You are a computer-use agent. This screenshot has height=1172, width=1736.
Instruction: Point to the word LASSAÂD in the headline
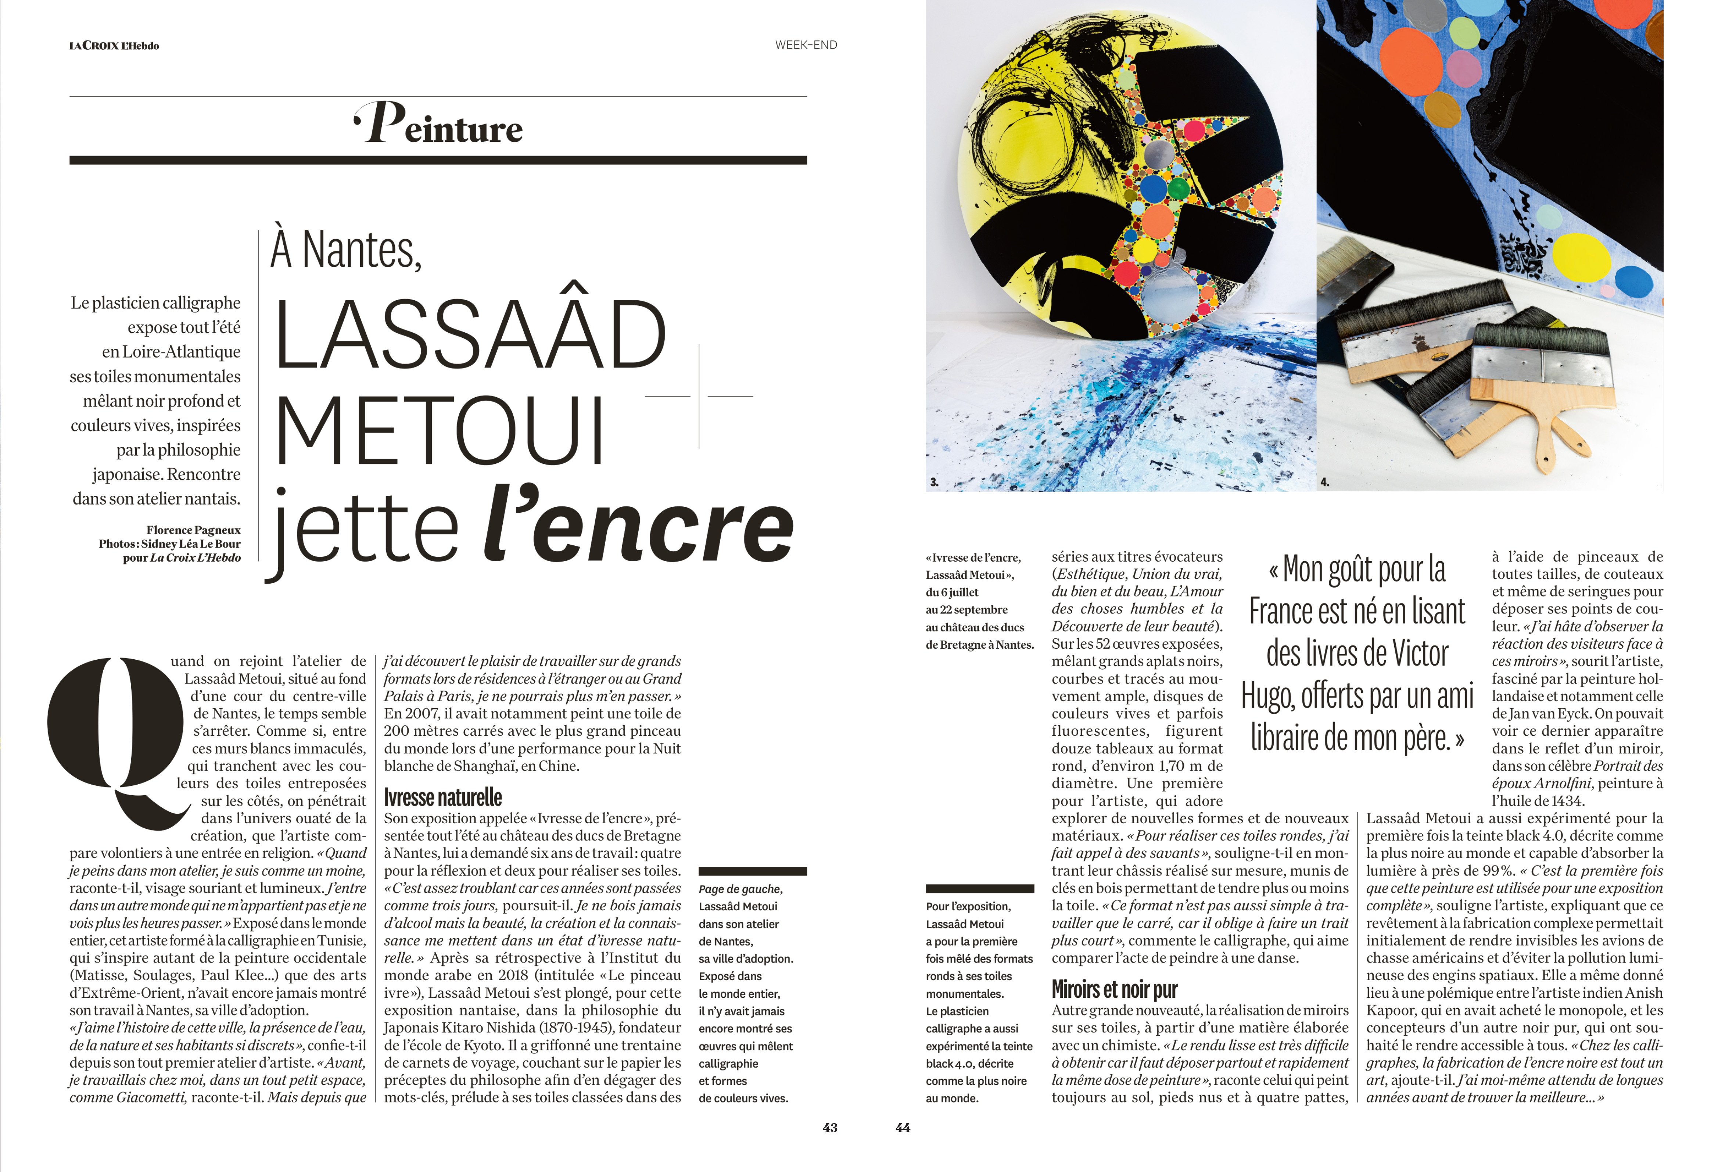tap(471, 334)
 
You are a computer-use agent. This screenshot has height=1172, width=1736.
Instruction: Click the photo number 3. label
tap(934, 483)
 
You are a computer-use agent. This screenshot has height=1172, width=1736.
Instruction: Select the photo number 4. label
tap(1324, 483)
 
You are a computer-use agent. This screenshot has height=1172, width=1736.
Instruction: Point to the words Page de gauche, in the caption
tap(740, 889)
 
